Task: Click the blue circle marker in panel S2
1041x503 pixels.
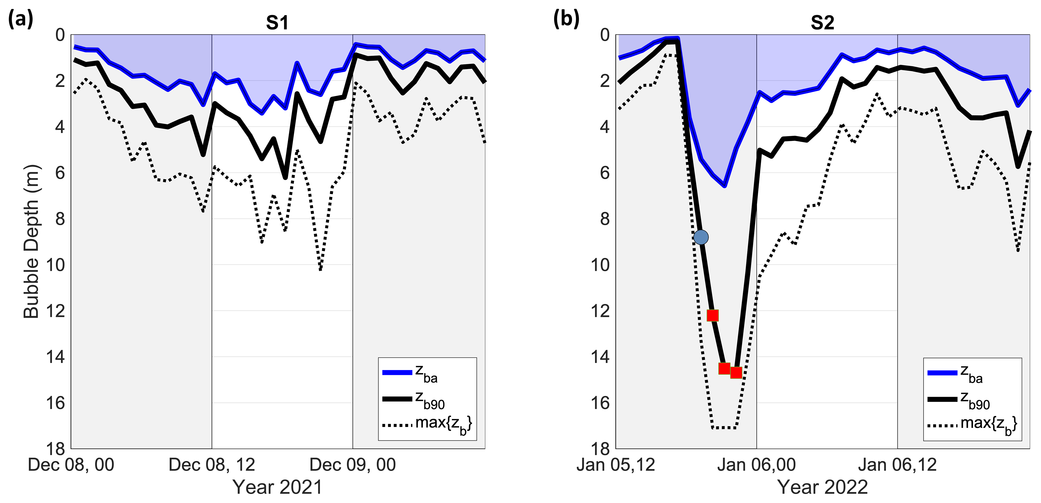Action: pos(701,237)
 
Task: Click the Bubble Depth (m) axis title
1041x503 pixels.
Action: pos(31,241)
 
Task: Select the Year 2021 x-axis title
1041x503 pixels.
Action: pos(277,487)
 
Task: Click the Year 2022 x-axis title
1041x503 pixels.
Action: pos(822,487)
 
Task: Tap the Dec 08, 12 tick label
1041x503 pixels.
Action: pos(212,465)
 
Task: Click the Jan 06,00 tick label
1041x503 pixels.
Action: pos(757,465)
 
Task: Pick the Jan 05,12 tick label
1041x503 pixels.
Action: pos(615,465)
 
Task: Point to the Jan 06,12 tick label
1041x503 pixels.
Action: pos(897,465)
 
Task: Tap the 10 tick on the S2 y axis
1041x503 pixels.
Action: pos(600,265)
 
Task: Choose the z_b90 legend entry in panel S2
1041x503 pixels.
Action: pos(958,399)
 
